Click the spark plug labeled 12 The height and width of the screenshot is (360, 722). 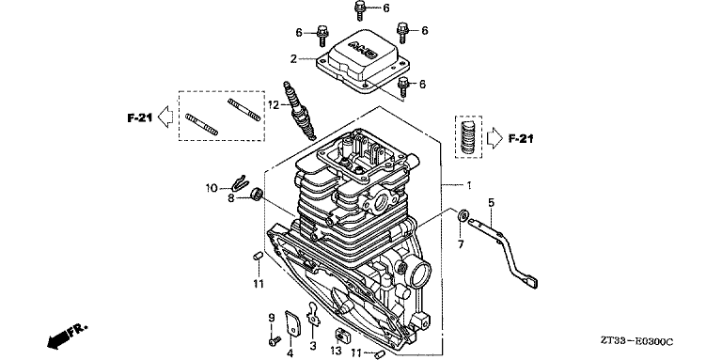[x=301, y=110]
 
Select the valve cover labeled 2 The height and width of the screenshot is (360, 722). [x=362, y=64]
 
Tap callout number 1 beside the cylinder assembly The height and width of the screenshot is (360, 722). [x=469, y=185]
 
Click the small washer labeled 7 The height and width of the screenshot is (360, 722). [x=463, y=215]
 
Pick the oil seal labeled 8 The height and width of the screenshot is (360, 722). [x=257, y=195]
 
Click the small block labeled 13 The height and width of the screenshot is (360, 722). [x=341, y=336]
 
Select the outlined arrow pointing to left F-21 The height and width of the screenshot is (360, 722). [x=165, y=117]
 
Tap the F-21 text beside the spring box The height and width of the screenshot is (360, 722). [x=520, y=138]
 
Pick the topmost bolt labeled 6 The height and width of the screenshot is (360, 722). [x=360, y=9]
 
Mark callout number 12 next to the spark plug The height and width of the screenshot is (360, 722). [x=274, y=105]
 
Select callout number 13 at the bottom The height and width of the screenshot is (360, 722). [x=337, y=352]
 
